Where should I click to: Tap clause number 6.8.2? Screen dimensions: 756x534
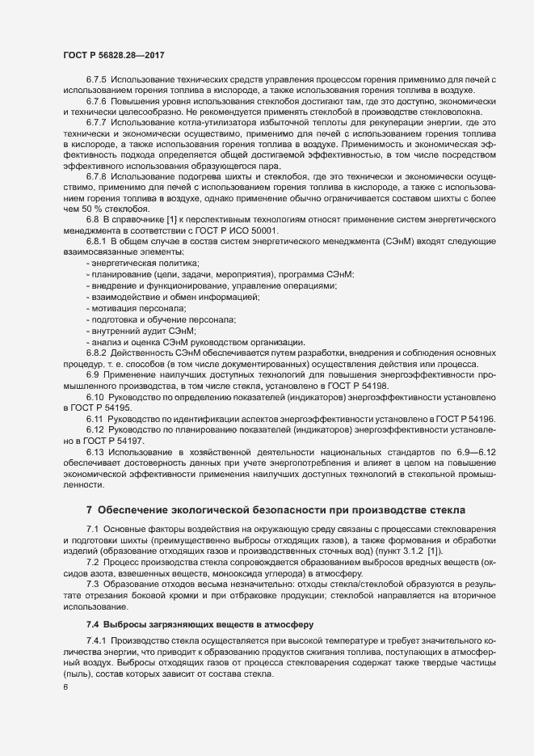click(x=96, y=353)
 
